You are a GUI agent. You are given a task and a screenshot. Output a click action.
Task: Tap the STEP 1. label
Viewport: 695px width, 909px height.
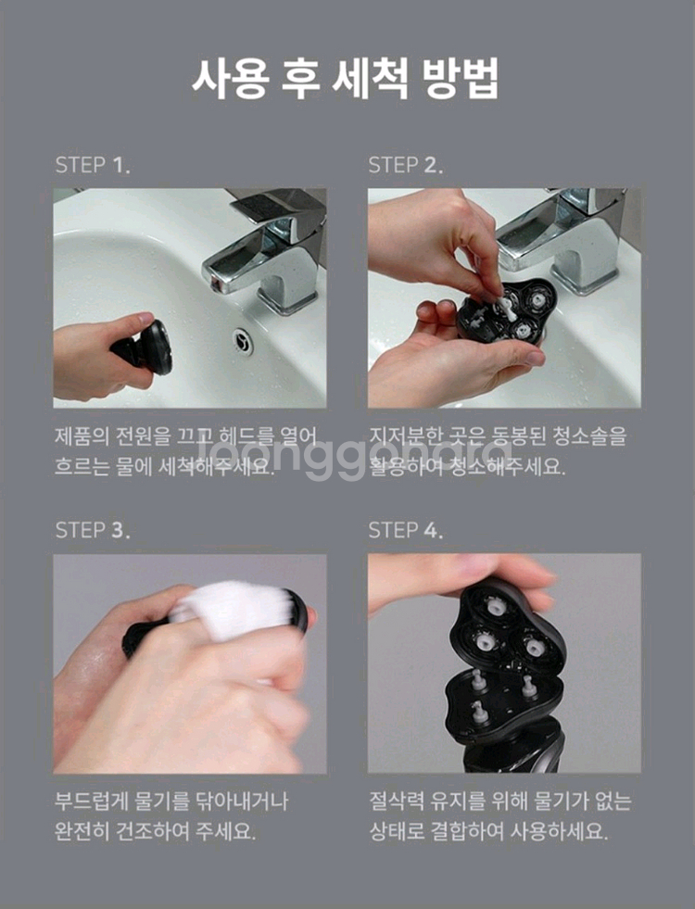(x=93, y=166)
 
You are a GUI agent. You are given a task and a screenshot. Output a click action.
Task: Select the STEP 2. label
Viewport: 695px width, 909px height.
(x=406, y=166)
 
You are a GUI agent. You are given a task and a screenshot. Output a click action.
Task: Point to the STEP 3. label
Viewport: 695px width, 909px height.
(x=93, y=530)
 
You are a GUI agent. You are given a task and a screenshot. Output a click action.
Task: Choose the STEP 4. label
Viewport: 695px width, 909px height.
(x=406, y=530)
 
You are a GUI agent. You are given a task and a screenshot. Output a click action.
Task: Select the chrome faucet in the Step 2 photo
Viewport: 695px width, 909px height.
(x=565, y=246)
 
